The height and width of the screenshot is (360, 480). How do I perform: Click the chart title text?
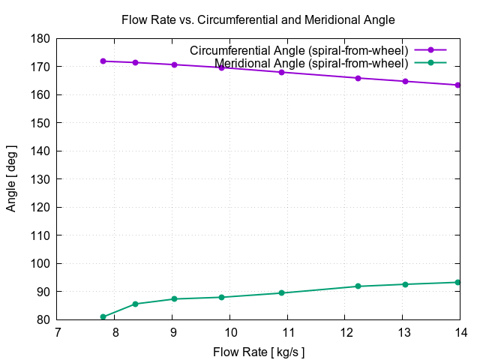258,19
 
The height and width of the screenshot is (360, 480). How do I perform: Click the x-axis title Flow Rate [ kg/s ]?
259,352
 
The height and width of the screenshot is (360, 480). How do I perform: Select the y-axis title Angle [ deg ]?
11,179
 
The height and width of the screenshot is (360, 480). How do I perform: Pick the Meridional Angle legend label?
311,62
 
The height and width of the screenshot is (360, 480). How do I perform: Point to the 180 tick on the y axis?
40,38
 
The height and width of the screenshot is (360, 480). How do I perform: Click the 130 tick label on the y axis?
40,179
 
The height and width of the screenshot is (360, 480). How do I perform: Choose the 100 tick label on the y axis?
40,263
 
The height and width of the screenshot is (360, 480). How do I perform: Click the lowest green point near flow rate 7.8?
103,316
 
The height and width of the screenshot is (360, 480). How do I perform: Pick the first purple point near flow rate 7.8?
103,61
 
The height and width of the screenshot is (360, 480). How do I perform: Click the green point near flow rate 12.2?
358,286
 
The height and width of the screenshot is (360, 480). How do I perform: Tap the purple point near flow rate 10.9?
282,72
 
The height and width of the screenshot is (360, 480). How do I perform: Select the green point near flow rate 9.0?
174,299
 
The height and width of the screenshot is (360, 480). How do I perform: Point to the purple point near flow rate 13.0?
406,81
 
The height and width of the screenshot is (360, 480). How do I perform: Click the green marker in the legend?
430,62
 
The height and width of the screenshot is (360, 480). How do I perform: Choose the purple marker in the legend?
430,50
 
